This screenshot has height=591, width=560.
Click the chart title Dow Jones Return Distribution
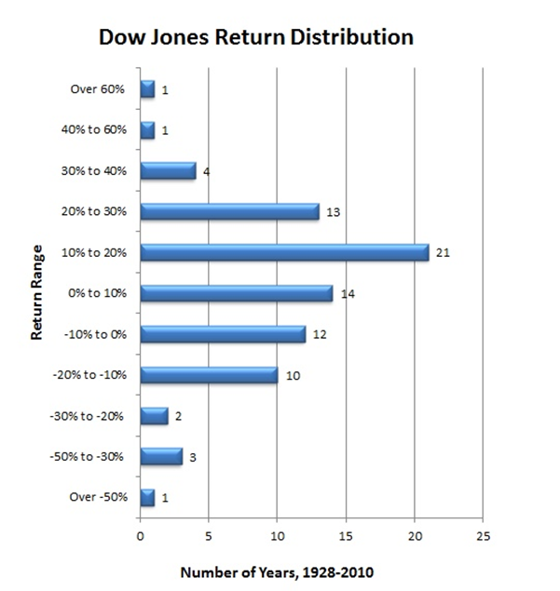pyautogui.click(x=254, y=38)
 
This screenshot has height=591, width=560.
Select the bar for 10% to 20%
pyautogui.click(x=284, y=252)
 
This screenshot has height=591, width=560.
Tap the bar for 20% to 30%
pyautogui.click(x=229, y=211)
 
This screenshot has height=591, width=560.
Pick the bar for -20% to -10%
pyautogui.click(x=209, y=375)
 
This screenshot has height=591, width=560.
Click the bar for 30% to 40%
pyautogui.click(x=168, y=170)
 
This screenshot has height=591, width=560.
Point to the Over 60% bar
pyautogui.click(x=147, y=89)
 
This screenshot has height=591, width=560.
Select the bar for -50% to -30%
pyautogui.click(x=161, y=456)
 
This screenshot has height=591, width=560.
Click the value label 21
pyautogui.click(x=443, y=252)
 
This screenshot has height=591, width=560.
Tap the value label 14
pyautogui.click(x=348, y=294)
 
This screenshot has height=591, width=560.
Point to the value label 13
pyautogui.click(x=334, y=212)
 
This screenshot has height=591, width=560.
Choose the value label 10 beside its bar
pyautogui.click(x=293, y=376)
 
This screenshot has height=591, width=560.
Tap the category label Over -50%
pyautogui.click(x=98, y=498)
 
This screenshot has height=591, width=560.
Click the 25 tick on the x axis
pyautogui.click(x=482, y=537)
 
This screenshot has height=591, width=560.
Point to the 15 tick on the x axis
pyautogui.click(x=345, y=537)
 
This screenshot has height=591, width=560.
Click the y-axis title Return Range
pyautogui.click(x=37, y=293)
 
